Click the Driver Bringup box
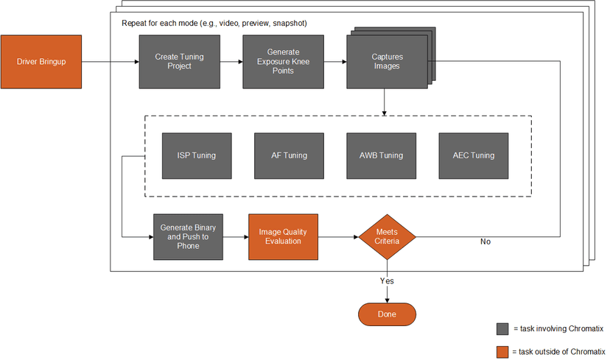point(41,61)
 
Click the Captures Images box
point(386,62)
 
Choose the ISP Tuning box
point(196,155)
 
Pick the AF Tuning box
point(289,155)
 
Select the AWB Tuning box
point(381,155)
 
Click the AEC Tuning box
point(473,155)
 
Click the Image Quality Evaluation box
point(282,236)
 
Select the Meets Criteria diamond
point(387,237)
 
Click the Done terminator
point(387,314)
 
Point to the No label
point(485,241)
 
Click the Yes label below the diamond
point(387,280)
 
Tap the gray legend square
point(502,328)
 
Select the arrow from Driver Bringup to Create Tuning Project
point(109,61)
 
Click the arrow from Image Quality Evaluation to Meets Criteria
point(337,237)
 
